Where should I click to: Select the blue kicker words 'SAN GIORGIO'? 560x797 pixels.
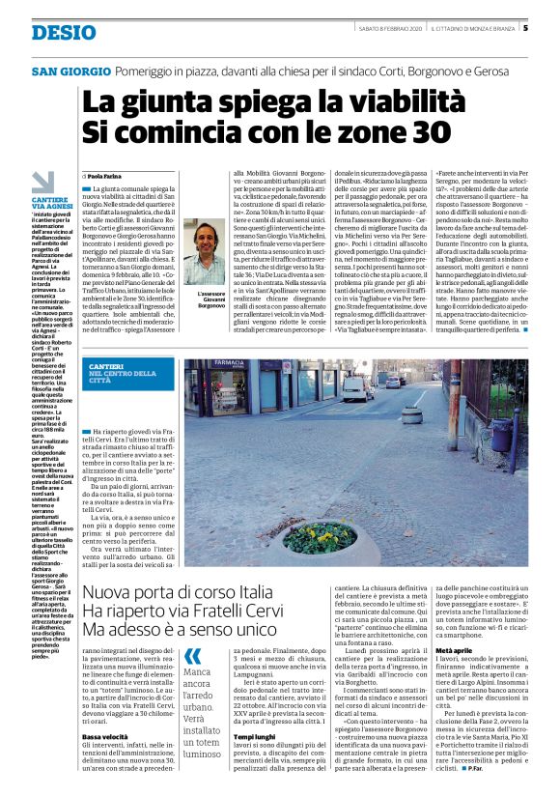click(70, 72)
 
